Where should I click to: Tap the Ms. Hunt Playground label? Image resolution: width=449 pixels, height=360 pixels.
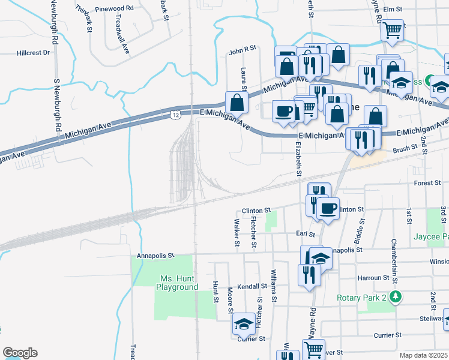click(x=177, y=283)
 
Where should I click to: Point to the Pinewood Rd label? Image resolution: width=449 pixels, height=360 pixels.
click(x=113, y=8)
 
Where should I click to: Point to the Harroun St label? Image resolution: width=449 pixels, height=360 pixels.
click(x=373, y=278)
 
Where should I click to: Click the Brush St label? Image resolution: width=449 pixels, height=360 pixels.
click(x=405, y=148)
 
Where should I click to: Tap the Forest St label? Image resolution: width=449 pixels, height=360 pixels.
click(x=427, y=183)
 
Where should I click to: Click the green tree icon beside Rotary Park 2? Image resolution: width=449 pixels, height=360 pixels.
click(x=395, y=297)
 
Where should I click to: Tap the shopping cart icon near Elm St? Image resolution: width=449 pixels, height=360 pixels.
click(x=393, y=29)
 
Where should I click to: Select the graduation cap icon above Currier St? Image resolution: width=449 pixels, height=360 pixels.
click(x=244, y=325)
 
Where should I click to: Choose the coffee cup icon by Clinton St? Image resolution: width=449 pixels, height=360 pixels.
click(x=328, y=208)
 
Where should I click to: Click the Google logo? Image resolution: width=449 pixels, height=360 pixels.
click(x=20, y=353)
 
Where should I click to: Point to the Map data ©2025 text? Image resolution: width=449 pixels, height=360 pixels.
click(x=424, y=355)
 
